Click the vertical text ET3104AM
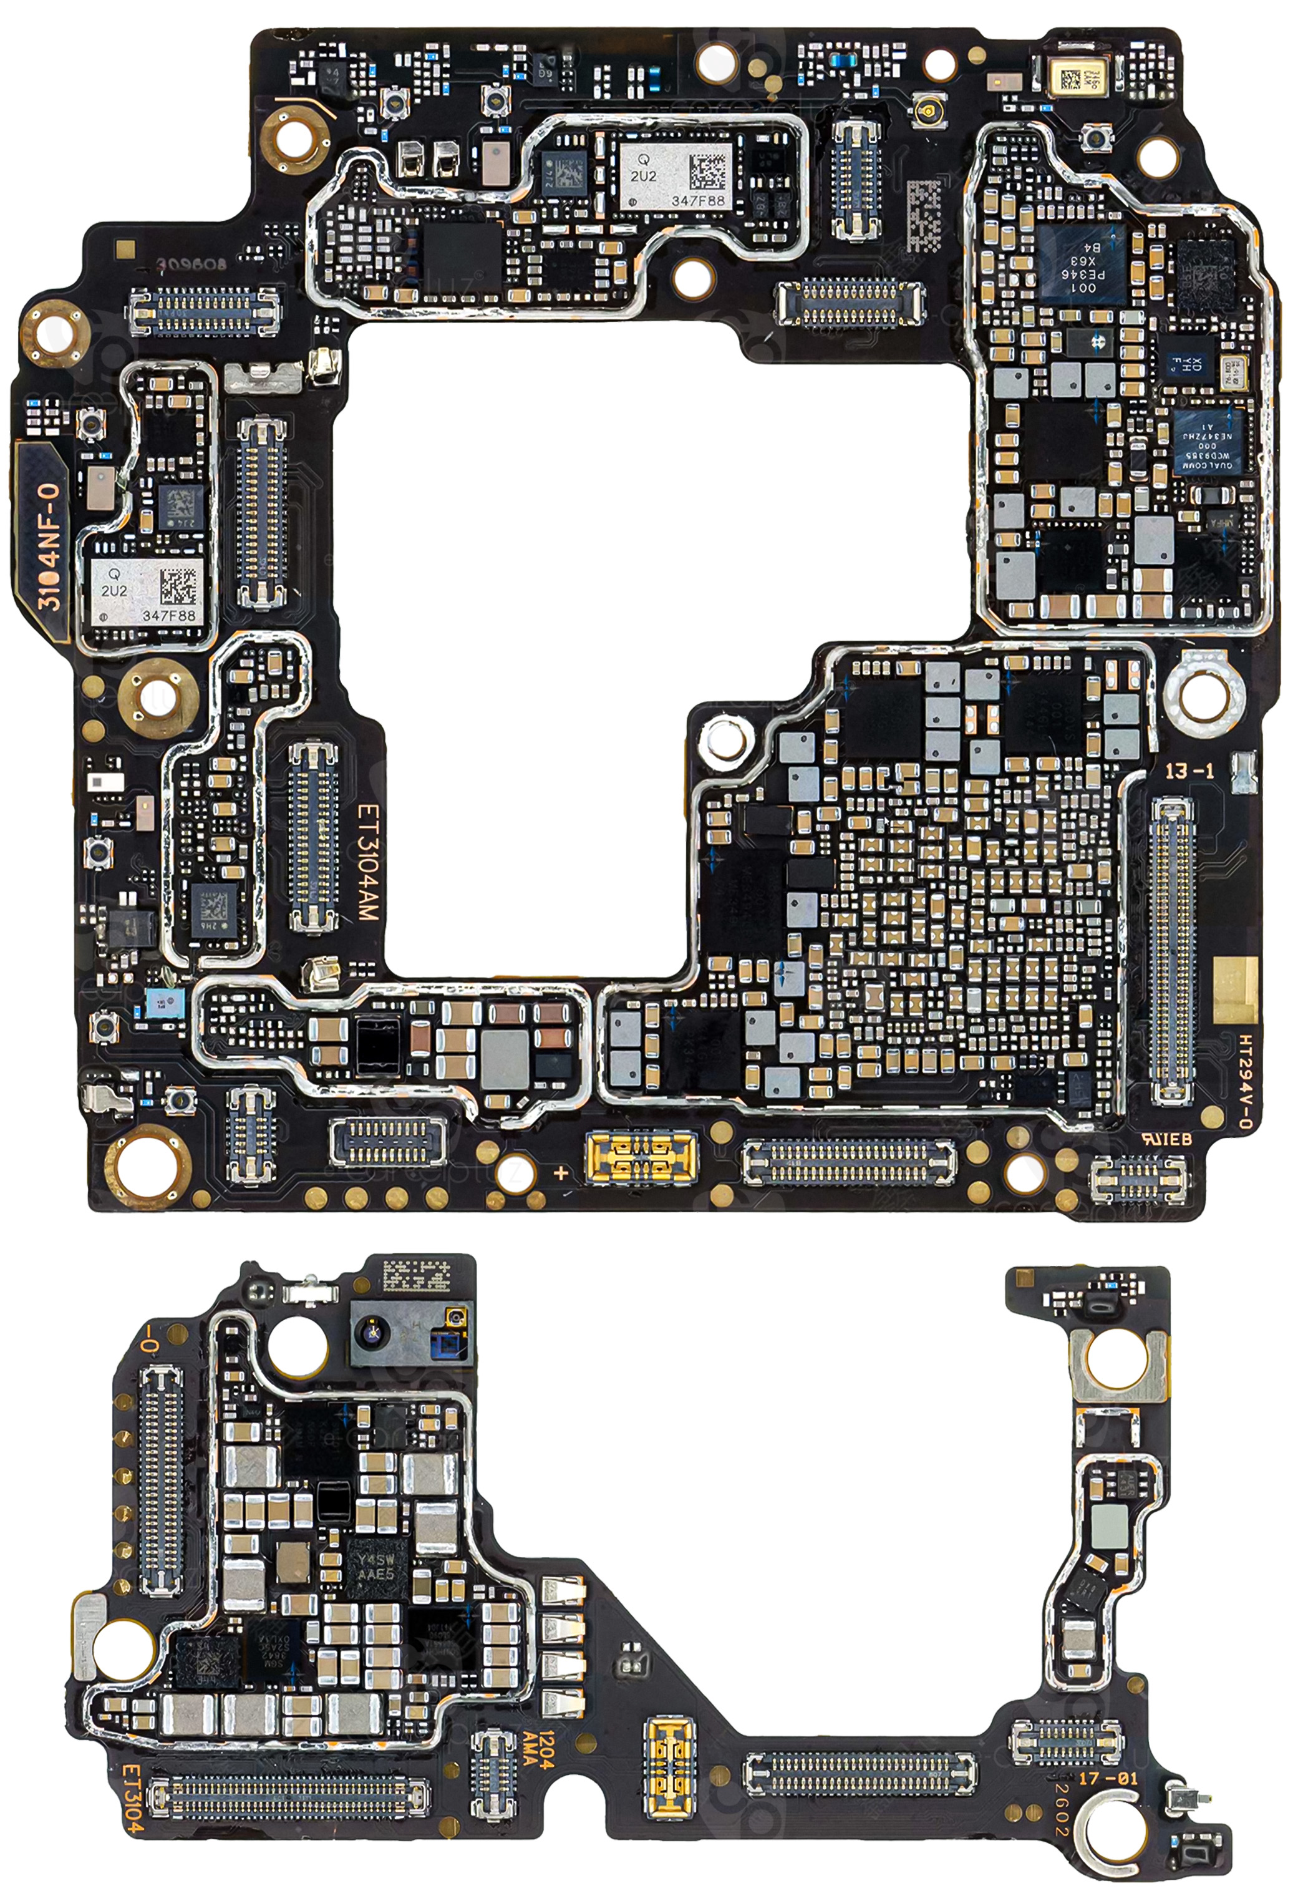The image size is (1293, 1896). pyautogui.click(x=368, y=864)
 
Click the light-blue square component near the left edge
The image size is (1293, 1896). pyautogui.click(x=164, y=1003)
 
